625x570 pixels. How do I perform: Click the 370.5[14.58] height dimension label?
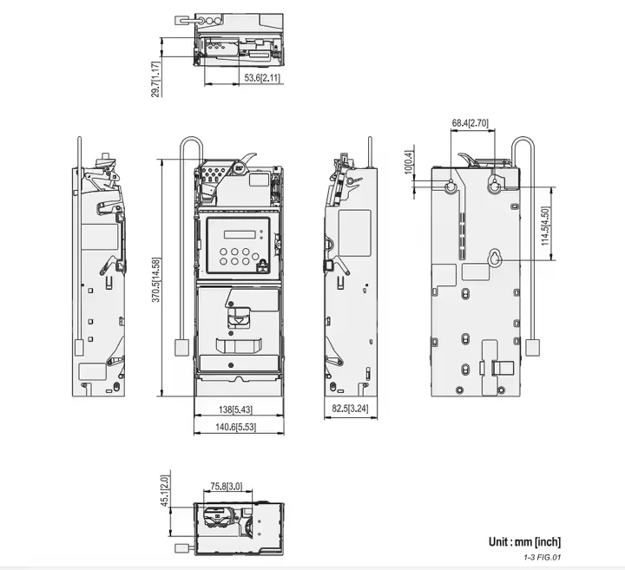pos(156,279)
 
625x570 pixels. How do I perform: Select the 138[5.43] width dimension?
pos(235,409)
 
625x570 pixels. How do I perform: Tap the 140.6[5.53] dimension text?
pos(235,427)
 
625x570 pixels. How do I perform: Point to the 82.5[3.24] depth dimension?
pos(351,409)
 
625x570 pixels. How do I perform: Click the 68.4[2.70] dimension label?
pos(470,123)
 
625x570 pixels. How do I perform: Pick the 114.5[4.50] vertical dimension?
pos(546,226)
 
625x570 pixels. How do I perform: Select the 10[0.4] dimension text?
pos(409,162)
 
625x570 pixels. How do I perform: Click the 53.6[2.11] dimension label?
pos(262,78)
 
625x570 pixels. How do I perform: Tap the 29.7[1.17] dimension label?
pos(156,79)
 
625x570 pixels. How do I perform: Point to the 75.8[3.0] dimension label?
pos(226,487)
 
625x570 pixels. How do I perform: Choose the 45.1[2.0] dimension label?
pos(165,491)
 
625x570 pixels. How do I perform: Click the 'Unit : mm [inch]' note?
pos(524,541)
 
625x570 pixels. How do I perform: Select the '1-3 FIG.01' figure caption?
pos(542,557)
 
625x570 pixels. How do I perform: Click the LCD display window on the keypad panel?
pos(239,234)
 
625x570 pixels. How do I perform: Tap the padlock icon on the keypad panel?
pos(263,265)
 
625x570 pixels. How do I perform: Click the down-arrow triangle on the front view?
pos(239,320)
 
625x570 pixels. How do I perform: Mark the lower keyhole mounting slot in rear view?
pos(495,259)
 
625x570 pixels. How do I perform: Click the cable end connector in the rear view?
pos(531,347)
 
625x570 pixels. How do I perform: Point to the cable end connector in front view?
pos(181,347)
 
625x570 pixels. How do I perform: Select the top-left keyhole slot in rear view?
pos(451,186)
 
